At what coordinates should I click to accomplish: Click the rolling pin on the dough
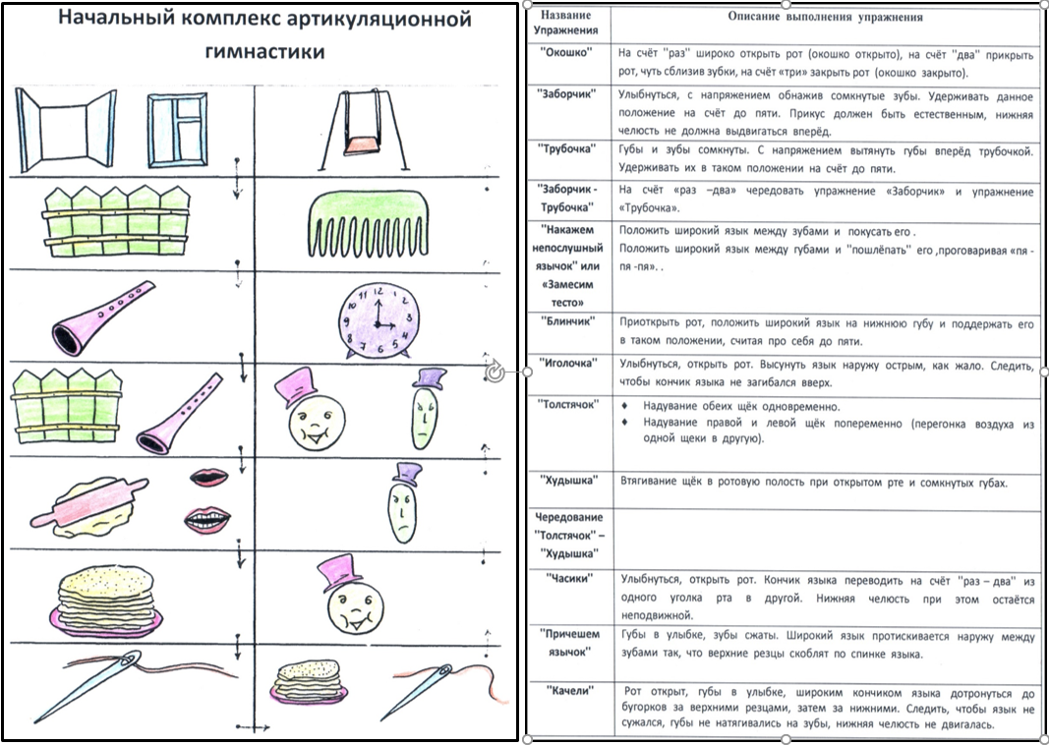pos(88,503)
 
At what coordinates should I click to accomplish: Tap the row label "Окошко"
pos(566,52)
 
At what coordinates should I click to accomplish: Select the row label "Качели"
pos(568,691)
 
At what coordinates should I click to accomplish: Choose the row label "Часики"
pos(568,579)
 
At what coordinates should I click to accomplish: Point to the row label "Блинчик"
pos(568,320)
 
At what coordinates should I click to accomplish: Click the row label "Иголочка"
pos(568,362)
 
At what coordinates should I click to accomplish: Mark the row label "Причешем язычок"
pos(568,642)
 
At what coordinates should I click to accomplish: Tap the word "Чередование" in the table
pos(568,516)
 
